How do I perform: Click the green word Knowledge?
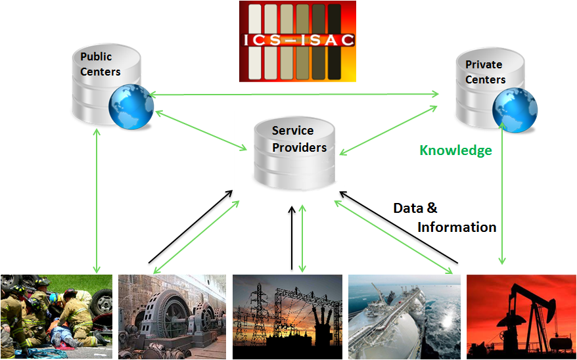click(455, 150)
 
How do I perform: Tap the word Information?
click(457, 227)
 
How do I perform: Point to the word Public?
click(96, 56)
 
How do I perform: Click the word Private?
click(484, 64)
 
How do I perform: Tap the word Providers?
click(299, 147)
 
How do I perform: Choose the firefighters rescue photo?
click(56, 316)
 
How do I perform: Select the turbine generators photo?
click(172, 316)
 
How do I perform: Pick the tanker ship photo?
click(404, 316)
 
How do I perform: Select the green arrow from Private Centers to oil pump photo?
click(503, 197)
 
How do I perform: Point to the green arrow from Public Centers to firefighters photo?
click(97, 200)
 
